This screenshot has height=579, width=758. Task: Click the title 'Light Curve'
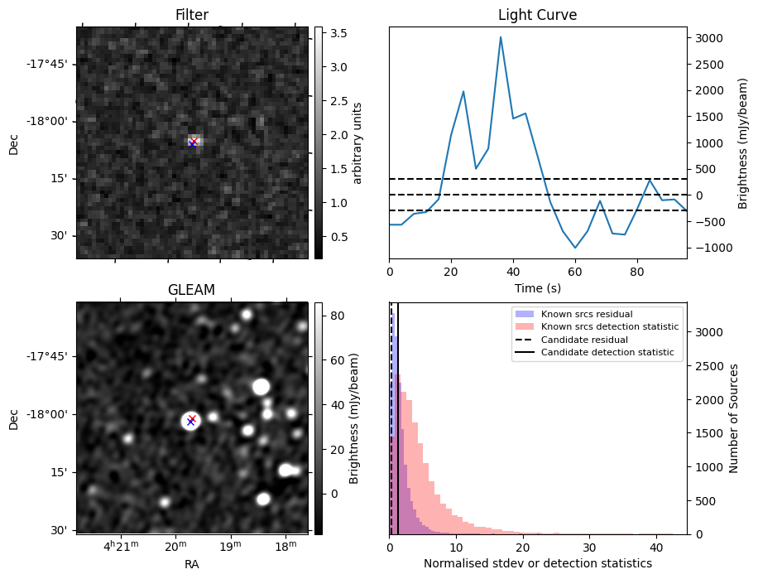tap(537, 15)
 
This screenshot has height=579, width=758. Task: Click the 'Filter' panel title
tap(192, 15)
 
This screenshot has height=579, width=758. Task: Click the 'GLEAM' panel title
tap(192, 290)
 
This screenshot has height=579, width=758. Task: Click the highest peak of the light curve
tap(501, 37)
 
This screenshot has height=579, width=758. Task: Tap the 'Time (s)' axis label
tap(537, 288)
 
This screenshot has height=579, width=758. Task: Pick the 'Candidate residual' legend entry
tap(584, 340)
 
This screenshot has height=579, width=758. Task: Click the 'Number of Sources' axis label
tap(734, 417)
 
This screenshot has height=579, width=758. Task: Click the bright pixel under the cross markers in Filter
tap(194, 141)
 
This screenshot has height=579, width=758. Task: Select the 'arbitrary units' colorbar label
tap(357, 142)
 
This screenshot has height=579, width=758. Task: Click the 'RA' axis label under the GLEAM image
tap(192, 564)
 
